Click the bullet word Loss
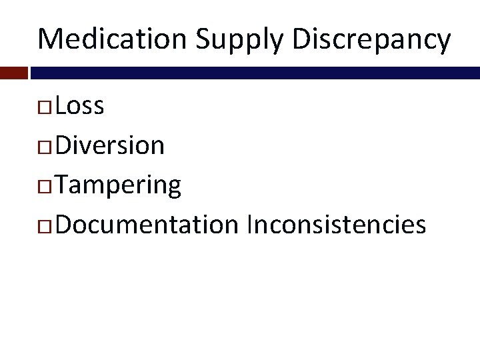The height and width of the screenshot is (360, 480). (80, 105)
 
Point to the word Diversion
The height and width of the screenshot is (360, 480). (110, 145)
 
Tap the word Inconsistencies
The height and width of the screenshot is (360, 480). (336, 225)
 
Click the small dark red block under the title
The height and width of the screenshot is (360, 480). (13, 73)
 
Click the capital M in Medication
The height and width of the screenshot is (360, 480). (51, 39)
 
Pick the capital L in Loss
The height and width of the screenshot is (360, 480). (61, 105)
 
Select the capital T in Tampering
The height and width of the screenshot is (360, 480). (62, 185)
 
